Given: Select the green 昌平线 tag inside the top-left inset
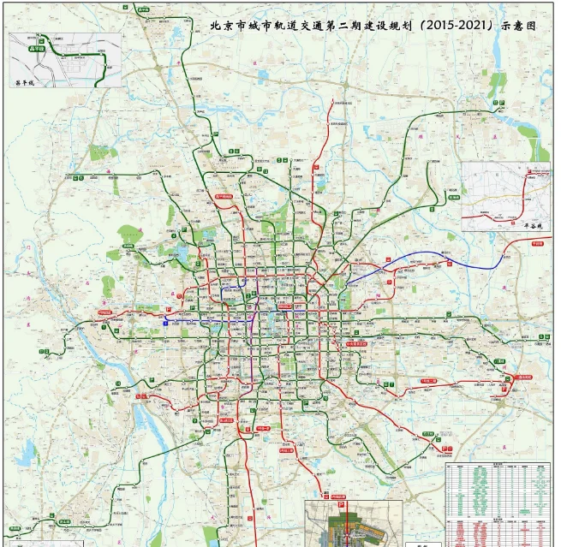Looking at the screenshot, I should point(37,50).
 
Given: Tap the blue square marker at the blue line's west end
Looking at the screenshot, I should point(165,323).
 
